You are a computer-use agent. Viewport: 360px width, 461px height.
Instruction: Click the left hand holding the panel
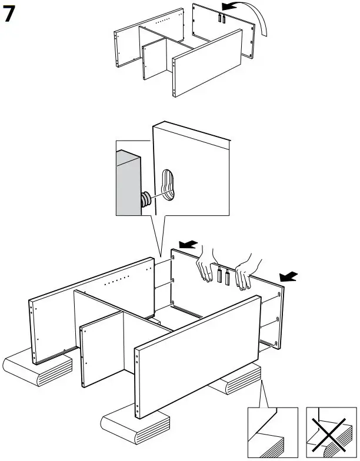[x=205, y=265]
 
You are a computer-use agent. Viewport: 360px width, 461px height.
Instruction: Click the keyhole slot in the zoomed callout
[x=167, y=185]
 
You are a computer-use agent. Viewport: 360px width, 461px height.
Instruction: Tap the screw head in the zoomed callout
[x=144, y=199]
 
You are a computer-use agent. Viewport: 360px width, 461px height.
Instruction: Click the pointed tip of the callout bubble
[x=160, y=256]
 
